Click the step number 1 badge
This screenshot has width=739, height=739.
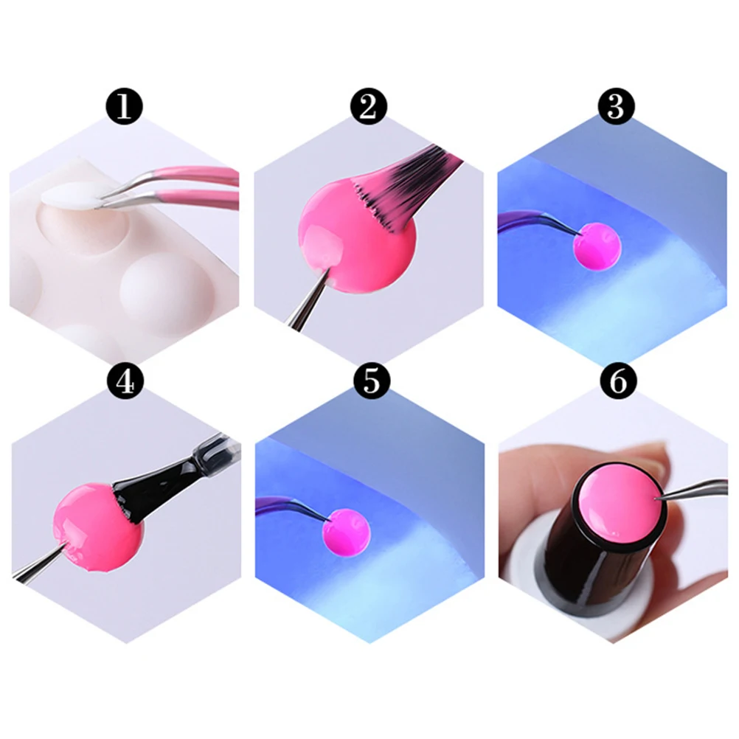pos(125,107)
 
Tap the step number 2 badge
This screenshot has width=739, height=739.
pos(369,107)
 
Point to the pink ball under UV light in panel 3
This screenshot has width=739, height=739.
pos(597,247)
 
